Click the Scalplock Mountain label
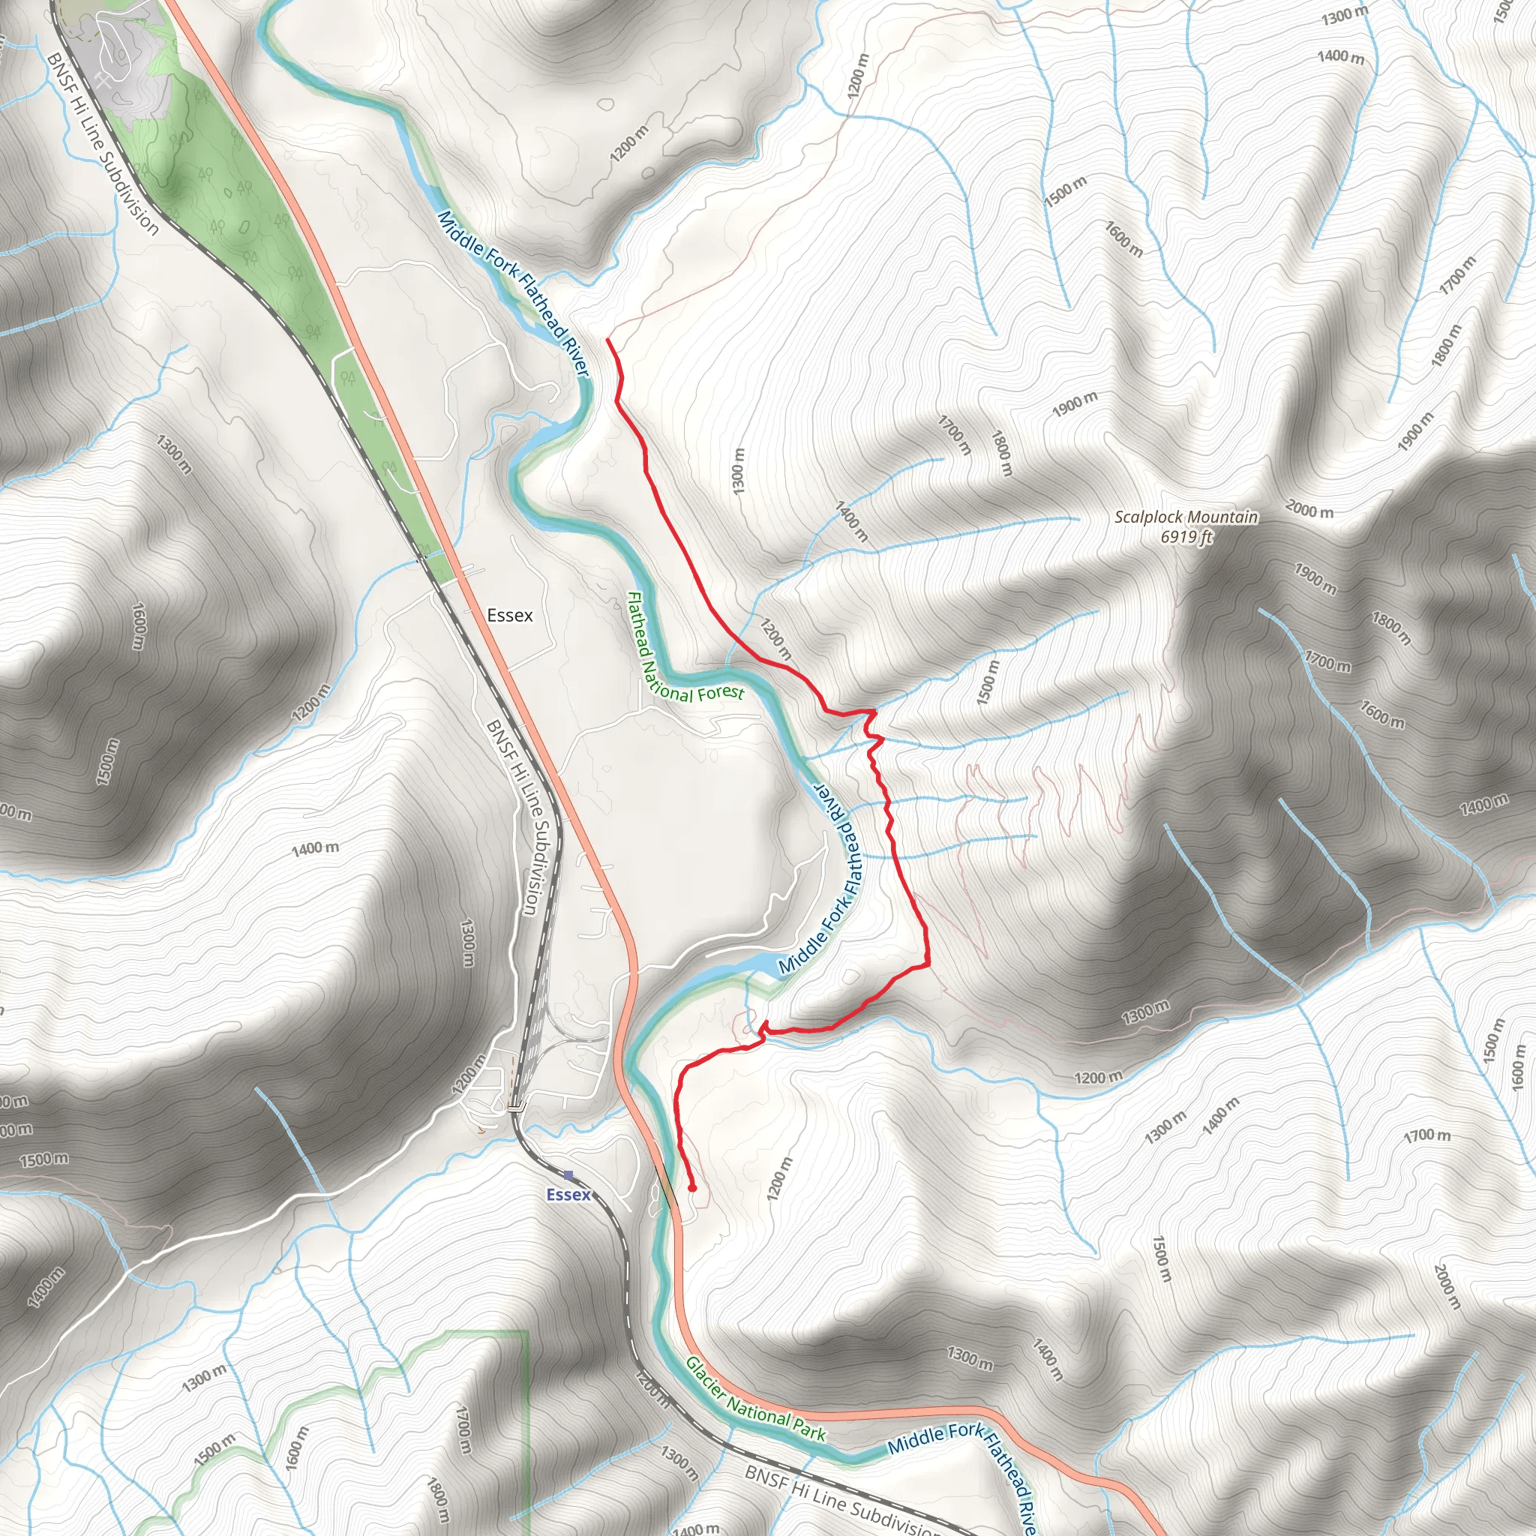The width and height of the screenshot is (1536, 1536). [x=1186, y=517]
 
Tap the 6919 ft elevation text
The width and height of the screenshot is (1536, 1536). [x=1186, y=538]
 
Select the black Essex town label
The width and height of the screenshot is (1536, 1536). [x=509, y=615]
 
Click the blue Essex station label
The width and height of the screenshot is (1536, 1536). [x=568, y=1195]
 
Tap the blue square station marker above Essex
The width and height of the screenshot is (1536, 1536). [x=568, y=1175]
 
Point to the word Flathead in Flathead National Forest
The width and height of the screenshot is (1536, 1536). [x=637, y=625]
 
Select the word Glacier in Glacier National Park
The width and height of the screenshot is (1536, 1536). [x=704, y=1380]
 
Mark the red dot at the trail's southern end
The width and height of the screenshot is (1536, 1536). [x=692, y=1189]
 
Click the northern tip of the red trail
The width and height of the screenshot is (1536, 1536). [x=608, y=340]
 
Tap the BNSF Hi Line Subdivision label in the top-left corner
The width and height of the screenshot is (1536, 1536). [x=103, y=143]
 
